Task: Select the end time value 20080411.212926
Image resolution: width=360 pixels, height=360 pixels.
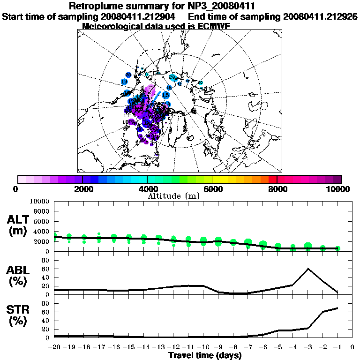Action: pos(321,16)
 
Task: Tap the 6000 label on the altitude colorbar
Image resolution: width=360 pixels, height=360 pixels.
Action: pos(212,189)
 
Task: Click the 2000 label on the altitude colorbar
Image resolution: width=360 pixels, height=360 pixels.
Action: pos(82,189)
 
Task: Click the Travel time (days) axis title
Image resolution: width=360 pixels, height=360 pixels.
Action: pos(205,356)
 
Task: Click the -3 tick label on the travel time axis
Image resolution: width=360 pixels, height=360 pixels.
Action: pos(307,347)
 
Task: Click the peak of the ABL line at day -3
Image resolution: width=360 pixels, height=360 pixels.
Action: pos(307,269)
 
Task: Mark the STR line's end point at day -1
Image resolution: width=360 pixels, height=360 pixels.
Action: pos(337,308)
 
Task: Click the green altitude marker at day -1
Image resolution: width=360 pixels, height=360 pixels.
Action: pos(337,248)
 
